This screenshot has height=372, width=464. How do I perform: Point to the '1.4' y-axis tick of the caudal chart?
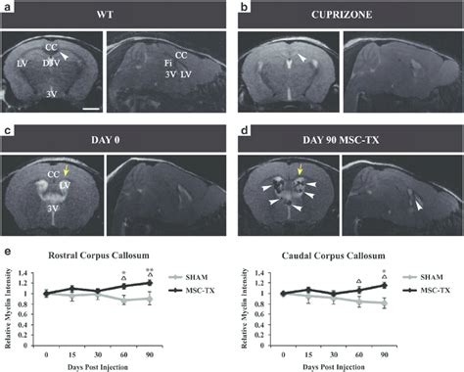[x=264, y=272]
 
